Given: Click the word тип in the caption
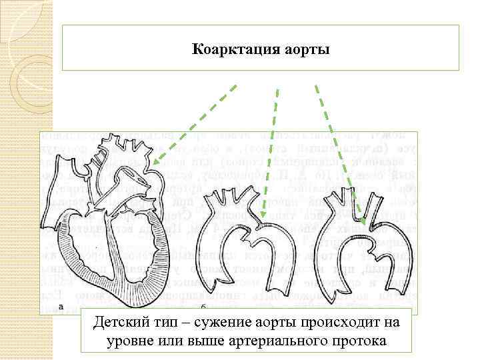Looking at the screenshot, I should click(x=165, y=323).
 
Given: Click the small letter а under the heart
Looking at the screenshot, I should click(x=61, y=307).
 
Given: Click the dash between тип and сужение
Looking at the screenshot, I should click(x=183, y=323).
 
